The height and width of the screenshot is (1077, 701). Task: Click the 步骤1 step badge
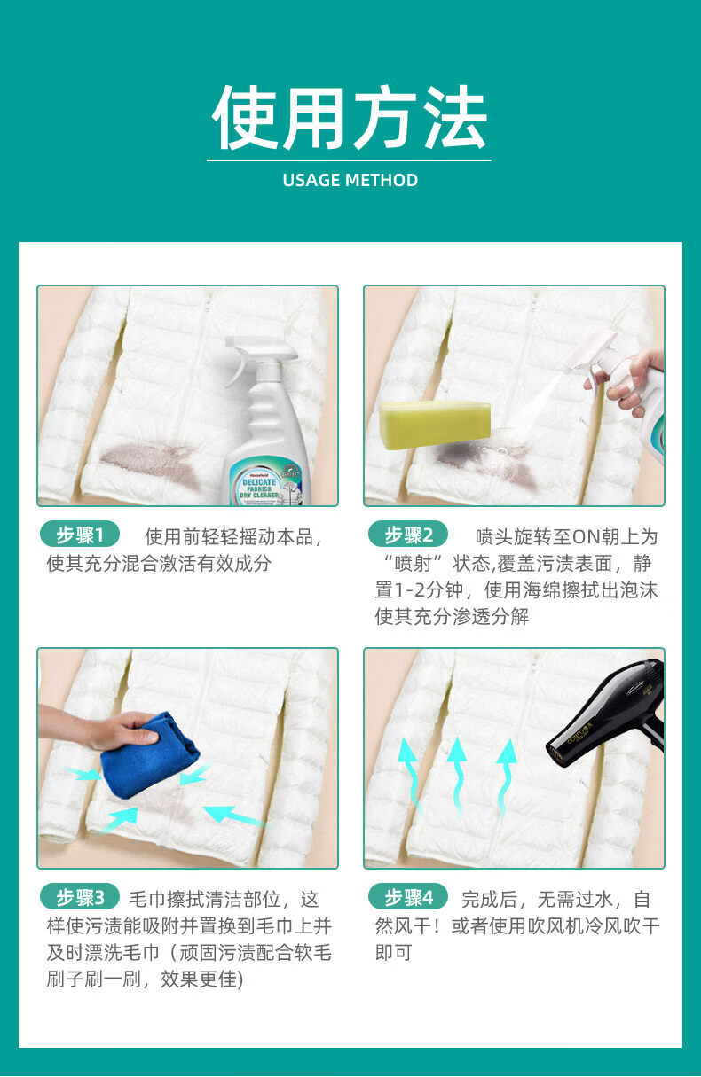pyautogui.click(x=80, y=535)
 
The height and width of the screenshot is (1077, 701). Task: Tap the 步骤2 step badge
pyautogui.click(x=408, y=535)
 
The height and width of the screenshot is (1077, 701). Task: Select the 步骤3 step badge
pyautogui.click(x=80, y=897)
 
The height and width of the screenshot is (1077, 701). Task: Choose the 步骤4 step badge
pyautogui.click(x=408, y=897)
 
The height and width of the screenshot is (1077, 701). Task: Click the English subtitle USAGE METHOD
pyautogui.click(x=350, y=180)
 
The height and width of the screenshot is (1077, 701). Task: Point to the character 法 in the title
pyautogui.click(x=455, y=117)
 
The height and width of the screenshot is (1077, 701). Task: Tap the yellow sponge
pyautogui.click(x=434, y=425)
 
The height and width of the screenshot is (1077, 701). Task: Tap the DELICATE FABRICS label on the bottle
pyautogui.click(x=260, y=488)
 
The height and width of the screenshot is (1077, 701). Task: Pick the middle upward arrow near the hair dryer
pyautogui.click(x=457, y=777)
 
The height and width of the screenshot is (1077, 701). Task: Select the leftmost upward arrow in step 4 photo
pyautogui.click(x=410, y=776)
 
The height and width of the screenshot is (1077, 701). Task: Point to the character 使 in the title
pyautogui.click(x=245, y=117)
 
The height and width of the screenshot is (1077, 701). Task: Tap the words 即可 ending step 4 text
pyautogui.click(x=393, y=953)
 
